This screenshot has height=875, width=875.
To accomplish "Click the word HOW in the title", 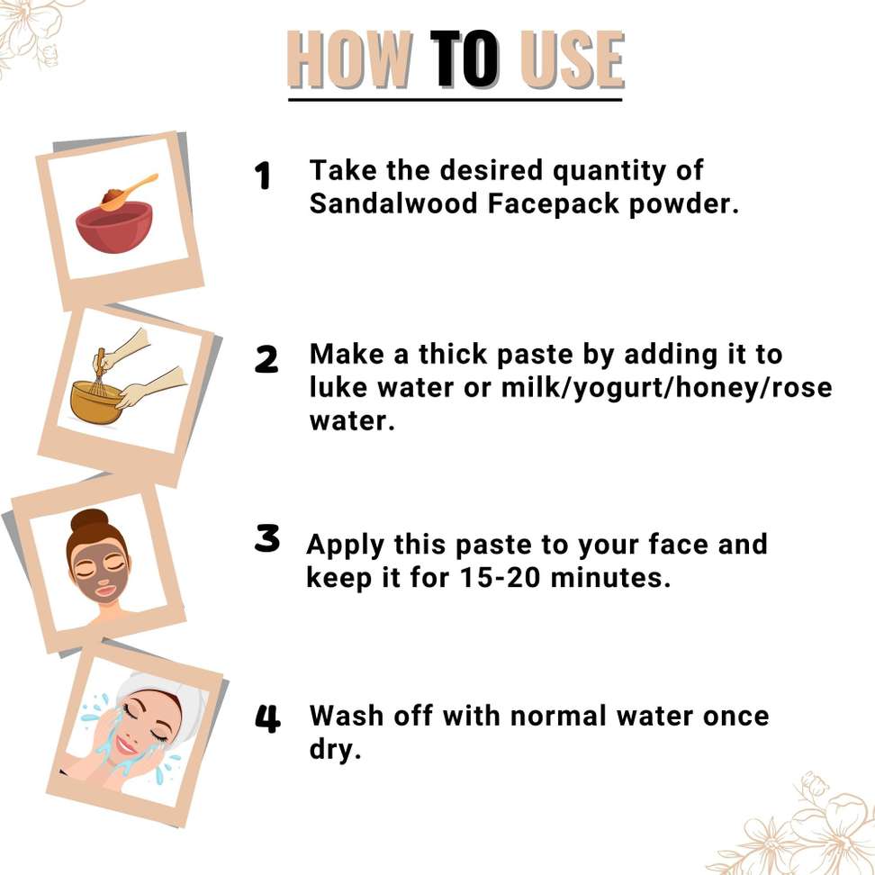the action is [x=350, y=59].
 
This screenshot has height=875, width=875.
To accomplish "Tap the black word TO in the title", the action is [x=465, y=59].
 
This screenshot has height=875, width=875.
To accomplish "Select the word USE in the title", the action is [x=572, y=59].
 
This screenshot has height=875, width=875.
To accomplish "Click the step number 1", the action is [x=262, y=176].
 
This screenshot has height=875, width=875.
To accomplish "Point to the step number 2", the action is [x=266, y=359].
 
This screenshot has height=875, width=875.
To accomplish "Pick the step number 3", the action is [x=266, y=538].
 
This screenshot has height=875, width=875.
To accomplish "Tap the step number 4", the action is [x=267, y=718].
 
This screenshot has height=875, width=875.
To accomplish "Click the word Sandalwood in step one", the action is [x=394, y=203].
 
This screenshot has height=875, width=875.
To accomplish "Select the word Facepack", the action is [x=554, y=204].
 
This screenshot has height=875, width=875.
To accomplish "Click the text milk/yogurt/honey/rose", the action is [x=667, y=388].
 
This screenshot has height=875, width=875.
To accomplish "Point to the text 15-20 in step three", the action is [x=501, y=578].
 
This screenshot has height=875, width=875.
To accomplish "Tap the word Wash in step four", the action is [x=347, y=716].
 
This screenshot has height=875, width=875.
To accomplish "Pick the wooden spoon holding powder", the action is [x=128, y=192].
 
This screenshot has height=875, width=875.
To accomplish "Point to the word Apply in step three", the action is [x=346, y=546].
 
